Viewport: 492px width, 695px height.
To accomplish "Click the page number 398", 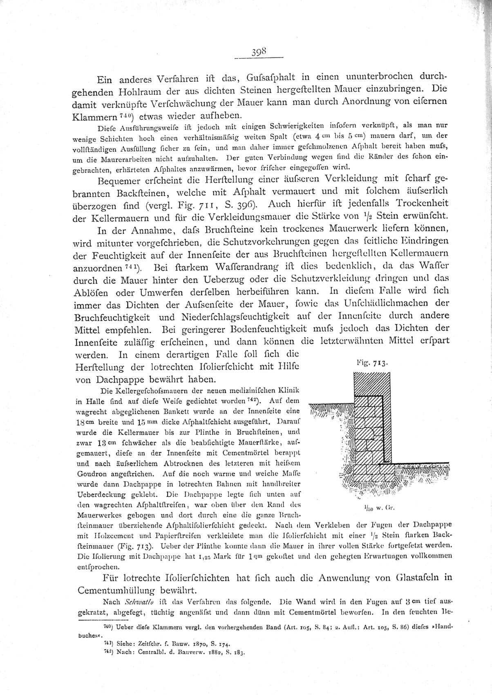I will coord(259,52).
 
